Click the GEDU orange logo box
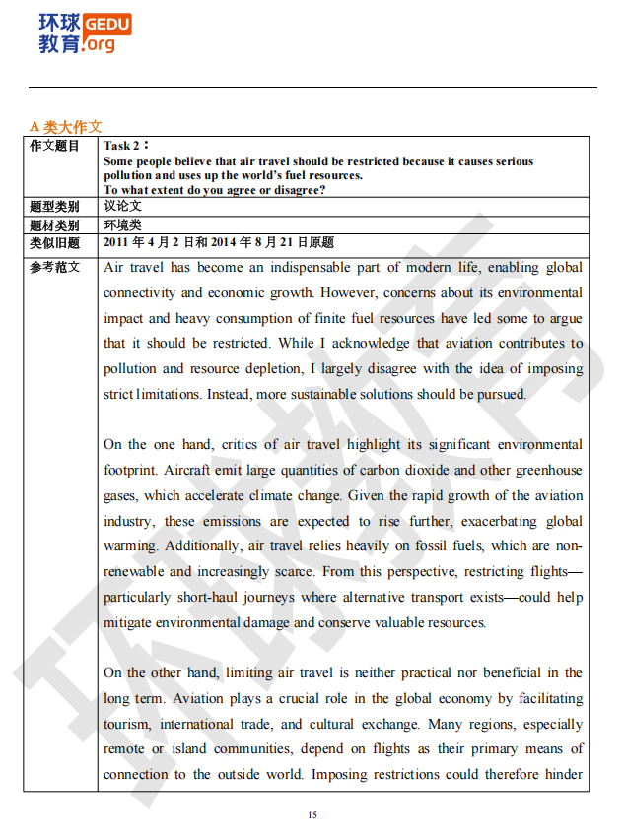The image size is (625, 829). coord(107,23)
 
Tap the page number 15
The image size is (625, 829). coord(312,814)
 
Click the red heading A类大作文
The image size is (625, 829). coord(65,127)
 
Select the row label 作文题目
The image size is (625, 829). coord(54,146)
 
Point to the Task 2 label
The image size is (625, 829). coord(122,146)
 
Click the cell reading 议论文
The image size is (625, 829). coord(122,207)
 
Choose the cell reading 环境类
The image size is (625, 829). coord(122,224)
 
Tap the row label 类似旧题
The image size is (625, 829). coord(54,242)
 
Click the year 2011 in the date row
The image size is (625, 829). coord(116,242)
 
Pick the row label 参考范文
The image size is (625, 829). coord(54,267)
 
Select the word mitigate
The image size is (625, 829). coord(127,623)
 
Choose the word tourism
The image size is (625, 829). coord(127,725)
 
